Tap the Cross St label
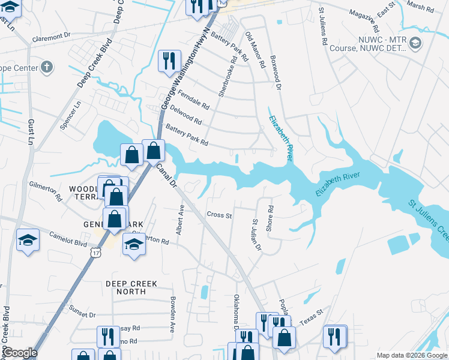pyautogui.click(x=219, y=215)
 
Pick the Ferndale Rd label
pyautogui.click(x=193, y=100)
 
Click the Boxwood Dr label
pyautogui.click(x=276, y=74)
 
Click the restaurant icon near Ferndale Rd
pyautogui.click(x=168, y=61)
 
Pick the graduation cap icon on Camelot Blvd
pyautogui.click(x=28, y=241)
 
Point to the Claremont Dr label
pyautogui.click(x=56, y=37)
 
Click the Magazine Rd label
pyautogui.click(x=366, y=20)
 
